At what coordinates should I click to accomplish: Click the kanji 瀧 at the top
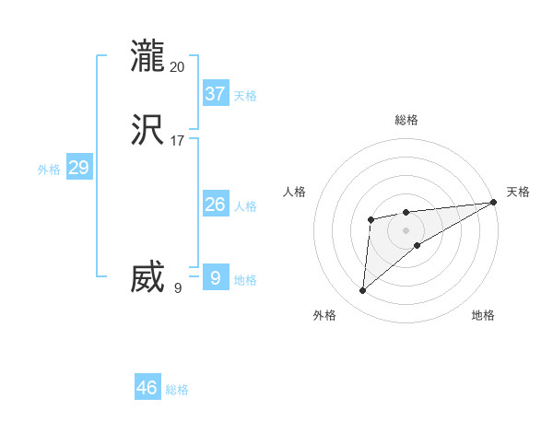click(x=147, y=56)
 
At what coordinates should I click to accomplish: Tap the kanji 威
click(x=147, y=277)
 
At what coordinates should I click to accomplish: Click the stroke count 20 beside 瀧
click(x=178, y=66)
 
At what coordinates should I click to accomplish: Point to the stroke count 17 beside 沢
click(x=178, y=142)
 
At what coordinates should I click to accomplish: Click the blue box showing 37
click(x=215, y=93)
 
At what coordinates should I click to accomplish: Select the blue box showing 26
click(x=215, y=205)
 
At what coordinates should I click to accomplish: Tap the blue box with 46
click(x=147, y=388)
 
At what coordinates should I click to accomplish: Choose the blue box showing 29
click(x=78, y=168)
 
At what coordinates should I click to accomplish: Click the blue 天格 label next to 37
click(x=245, y=96)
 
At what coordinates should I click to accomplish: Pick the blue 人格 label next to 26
click(x=245, y=206)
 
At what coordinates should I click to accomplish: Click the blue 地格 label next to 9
click(x=245, y=280)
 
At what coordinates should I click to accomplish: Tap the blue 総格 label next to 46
click(x=177, y=391)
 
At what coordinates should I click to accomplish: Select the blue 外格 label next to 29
click(x=49, y=170)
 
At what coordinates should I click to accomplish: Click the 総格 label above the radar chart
click(x=406, y=120)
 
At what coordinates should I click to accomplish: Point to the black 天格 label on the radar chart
click(x=518, y=192)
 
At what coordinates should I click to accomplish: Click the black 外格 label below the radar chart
click(x=324, y=315)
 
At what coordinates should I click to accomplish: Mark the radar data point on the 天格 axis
click(x=494, y=203)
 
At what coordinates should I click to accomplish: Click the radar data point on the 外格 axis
click(x=363, y=291)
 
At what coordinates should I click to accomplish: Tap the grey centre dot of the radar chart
click(x=406, y=229)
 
